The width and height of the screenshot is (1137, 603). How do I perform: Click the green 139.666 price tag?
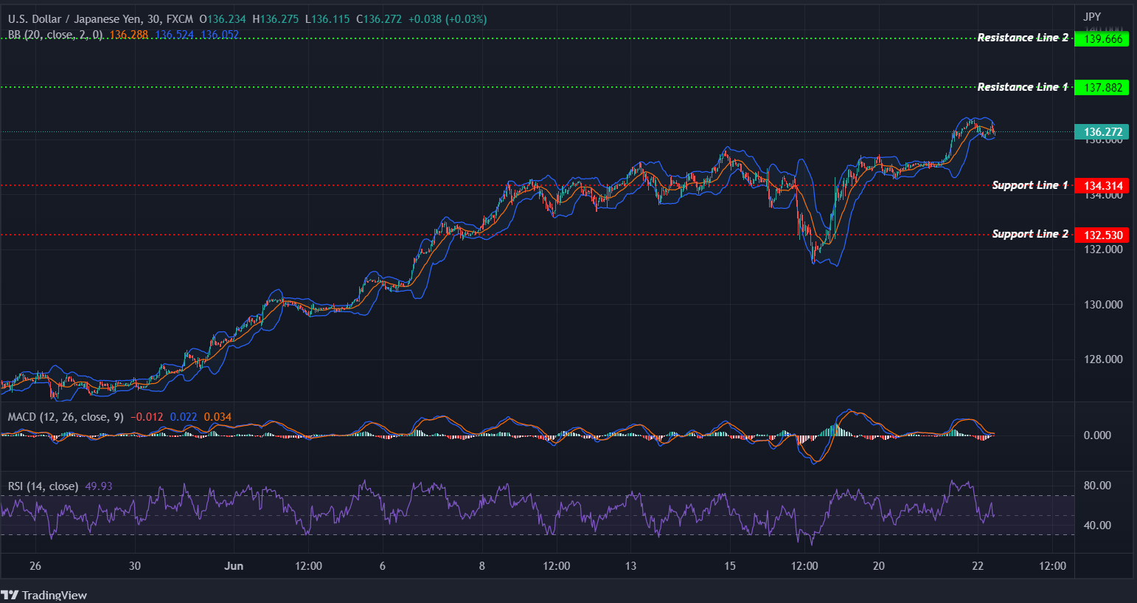click(1102, 39)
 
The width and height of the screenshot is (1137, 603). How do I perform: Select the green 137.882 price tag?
click(1102, 88)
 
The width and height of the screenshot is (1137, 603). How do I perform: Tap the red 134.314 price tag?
click(1102, 186)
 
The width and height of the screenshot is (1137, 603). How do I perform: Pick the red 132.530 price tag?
click(1102, 235)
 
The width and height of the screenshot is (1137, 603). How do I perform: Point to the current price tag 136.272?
click(1102, 132)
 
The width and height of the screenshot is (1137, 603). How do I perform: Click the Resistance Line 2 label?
click(1022, 38)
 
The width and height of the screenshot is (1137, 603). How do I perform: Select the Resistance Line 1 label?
click(1022, 87)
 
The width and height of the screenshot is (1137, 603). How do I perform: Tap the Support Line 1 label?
click(1029, 185)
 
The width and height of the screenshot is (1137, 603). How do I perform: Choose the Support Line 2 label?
click(1029, 234)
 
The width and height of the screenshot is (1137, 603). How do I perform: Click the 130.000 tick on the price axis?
click(1103, 305)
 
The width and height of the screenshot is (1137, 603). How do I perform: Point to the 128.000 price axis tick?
click(1103, 359)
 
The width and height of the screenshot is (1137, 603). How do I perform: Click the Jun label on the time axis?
click(234, 566)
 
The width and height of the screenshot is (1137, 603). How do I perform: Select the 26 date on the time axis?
click(35, 566)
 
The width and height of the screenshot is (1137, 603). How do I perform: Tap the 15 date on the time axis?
click(730, 566)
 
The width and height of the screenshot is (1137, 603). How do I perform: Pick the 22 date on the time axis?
click(978, 566)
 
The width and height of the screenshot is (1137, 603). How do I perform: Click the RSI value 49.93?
click(99, 486)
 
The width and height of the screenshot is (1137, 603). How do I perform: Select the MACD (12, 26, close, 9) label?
click(66, 417)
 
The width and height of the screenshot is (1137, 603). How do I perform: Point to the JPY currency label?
click(1092, 16)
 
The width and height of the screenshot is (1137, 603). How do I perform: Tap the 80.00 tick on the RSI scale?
click(1097, 486)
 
